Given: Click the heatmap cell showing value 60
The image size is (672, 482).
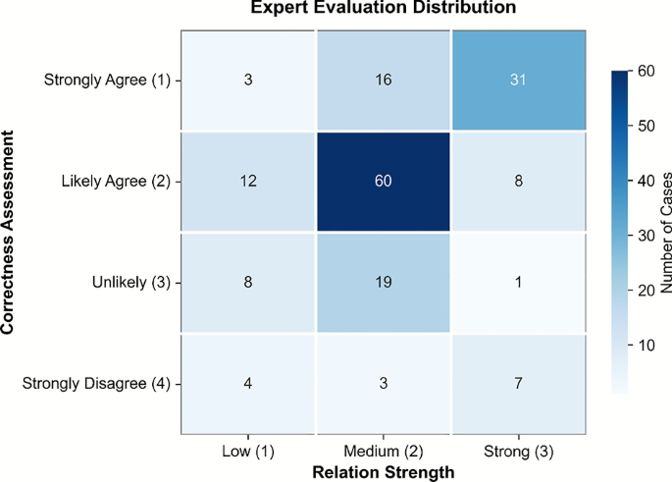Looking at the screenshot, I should coord(383,181).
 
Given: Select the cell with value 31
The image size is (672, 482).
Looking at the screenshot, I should coord(518,80).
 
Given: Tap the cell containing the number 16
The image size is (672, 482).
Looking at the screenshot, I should coord(383,80).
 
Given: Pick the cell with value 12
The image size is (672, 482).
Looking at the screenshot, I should coord(247,181).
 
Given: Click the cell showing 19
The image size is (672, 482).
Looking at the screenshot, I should coord(383,282).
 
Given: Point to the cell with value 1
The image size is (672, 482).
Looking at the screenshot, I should coord(518,282).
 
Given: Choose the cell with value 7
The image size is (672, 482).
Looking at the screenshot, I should coord(518,383).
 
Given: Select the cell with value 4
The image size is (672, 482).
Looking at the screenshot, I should coord(247,383).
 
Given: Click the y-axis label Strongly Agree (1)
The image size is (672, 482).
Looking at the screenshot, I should coord(106,80).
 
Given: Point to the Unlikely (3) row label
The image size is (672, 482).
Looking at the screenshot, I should coord(131,282).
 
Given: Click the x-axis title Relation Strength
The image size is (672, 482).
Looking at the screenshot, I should coord(383,471).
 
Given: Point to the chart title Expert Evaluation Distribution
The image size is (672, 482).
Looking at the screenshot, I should coord(383,9).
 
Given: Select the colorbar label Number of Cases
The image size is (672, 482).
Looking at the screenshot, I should coord(663,232).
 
